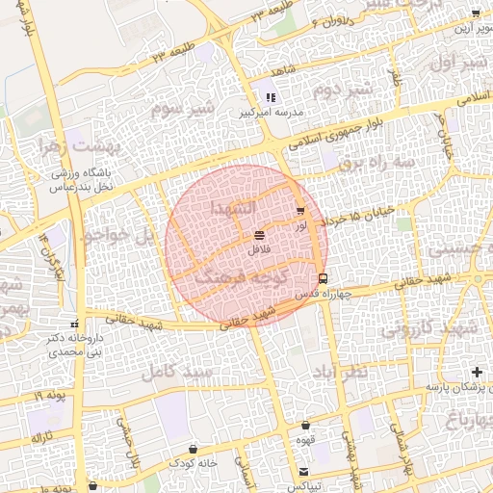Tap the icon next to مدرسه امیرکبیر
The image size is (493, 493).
point(271,97)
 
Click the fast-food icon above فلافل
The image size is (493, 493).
point(259,235)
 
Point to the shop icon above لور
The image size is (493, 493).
point(300,210)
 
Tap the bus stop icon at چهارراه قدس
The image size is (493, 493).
point(323,277)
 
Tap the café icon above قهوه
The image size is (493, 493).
point(306,425)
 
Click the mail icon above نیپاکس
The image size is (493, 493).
point(304,472)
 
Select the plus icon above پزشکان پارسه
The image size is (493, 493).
point(476,372)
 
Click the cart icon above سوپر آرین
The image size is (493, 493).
point(475,13)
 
